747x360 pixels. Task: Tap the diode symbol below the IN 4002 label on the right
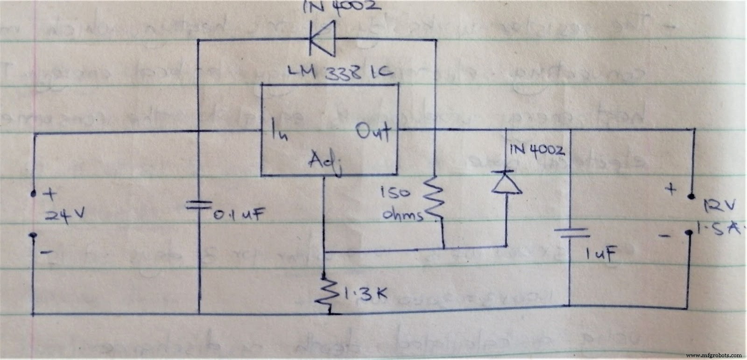pyautogui.click(x=506, y=183)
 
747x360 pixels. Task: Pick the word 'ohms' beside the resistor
pyautogui.click(x=402, y=215)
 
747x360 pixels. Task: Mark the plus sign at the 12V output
pyautogui.click(x=671, y=189)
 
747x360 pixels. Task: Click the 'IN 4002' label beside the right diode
pyautogui.click(x=537, y=151)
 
